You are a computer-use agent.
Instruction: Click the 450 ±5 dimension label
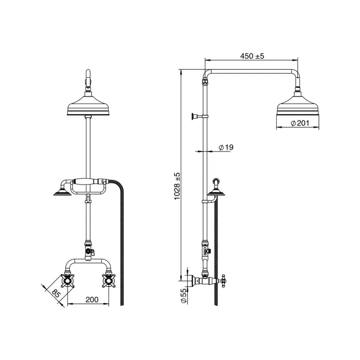252,56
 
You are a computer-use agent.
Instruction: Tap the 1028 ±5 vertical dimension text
178,186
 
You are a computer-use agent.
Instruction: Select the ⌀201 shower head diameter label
300,123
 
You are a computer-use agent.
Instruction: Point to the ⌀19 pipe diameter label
226,147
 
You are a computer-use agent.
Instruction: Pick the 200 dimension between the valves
92,300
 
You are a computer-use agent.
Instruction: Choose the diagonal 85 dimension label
56,293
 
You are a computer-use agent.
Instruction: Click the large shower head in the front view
88,106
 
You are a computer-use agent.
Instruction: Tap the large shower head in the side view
298,105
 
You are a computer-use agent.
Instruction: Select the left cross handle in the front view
68,281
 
